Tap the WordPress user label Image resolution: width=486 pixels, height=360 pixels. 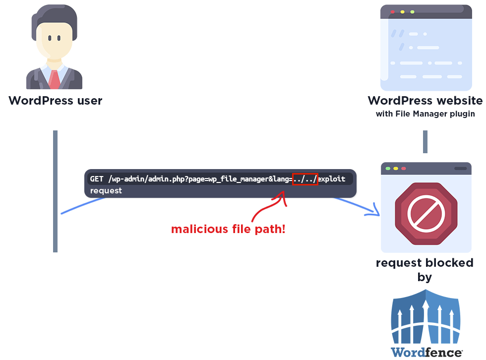(x=55, y=101)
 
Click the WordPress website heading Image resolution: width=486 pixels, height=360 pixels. (x=425, y=101)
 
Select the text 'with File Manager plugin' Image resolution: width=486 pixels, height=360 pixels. (x=425, y=114)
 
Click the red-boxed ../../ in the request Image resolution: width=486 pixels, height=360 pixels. (x=304, y=179)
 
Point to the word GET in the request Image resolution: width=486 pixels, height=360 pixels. (x=97, y=179)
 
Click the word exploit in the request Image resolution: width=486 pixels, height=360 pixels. (x=332, y=179)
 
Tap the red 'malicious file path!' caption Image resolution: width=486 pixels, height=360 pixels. (x=228, y=229)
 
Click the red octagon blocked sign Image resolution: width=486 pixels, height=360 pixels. (x=425, y=213)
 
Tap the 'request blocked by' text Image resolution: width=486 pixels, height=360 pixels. (x=425, y=270)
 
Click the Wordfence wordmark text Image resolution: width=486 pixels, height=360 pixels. (x=426, y=352)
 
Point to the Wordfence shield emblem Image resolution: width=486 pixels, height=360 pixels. (x=426, y=317)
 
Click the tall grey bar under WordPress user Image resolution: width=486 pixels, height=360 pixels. (x=55, y=191)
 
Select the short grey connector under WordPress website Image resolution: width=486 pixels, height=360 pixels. (x=425, y=142)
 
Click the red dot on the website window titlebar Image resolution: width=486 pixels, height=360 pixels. (x=392, y=11)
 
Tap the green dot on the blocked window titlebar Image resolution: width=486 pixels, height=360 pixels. (x=388, y=169)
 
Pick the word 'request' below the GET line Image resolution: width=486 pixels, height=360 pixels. (x=106, y=190)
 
